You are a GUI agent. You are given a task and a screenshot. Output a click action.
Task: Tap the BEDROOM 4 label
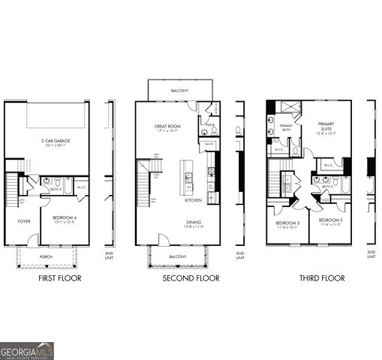[x=65, y=217]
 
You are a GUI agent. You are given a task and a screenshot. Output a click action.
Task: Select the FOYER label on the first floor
[x=24, y=221]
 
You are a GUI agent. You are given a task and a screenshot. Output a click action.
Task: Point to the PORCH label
[x=46, y=256]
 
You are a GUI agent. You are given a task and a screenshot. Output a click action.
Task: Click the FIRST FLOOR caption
[x=59, y=278]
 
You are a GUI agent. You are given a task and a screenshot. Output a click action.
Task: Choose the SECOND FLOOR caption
[x=191, y=278]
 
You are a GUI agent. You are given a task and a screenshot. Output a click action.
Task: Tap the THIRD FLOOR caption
[x=322, y=278]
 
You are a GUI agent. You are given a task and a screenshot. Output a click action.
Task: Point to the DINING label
[x=194, y=222]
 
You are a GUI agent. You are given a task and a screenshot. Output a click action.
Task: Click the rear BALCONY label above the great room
[x=179, y=91]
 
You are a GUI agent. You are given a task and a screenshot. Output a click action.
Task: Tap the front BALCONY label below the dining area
[x=178, y=256]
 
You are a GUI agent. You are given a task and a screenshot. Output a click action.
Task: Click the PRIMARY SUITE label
[x=326, y=127]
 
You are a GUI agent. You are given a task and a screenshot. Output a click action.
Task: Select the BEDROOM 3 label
[x=287, y=223]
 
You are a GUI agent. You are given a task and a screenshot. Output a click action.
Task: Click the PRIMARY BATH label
[x=286, y=127]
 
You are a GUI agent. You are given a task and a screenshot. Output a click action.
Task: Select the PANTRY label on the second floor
[x=209, y=143]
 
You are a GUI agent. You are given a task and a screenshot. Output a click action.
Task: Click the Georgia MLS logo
[x=27, y=350]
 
